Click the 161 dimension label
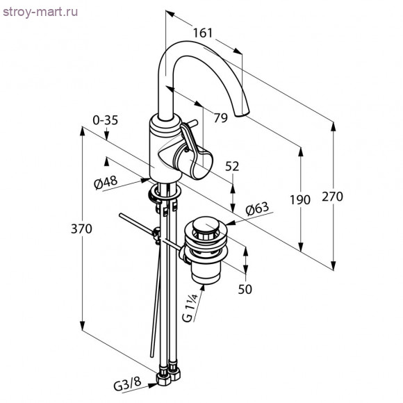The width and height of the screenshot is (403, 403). coord(203,33)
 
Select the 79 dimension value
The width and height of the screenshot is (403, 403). coord(221,118)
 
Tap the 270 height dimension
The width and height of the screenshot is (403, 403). coord(332,197)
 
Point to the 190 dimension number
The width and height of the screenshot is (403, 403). coord(300,200)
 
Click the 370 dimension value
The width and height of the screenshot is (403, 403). coord(81,229)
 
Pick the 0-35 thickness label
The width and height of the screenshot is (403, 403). coord(106,120)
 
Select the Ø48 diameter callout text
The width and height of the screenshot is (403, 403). coord(106,182)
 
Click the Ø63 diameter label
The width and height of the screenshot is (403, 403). coord(257,208)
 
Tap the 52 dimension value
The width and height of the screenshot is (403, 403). coord(232,167)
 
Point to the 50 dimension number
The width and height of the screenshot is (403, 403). coord(245,290)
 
